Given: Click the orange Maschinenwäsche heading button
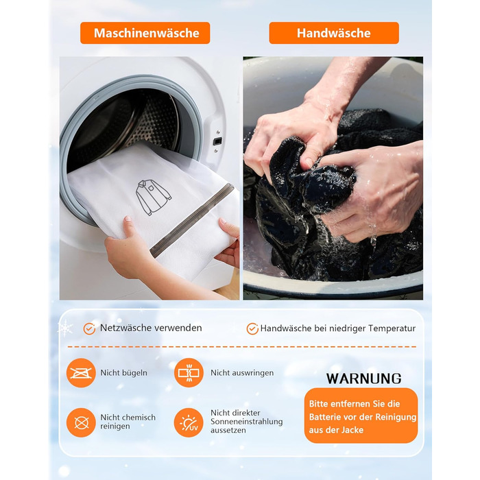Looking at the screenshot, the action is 145,33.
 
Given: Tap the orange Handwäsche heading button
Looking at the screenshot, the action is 334,33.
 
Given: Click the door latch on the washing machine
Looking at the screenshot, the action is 217,141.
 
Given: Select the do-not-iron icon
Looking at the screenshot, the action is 81,373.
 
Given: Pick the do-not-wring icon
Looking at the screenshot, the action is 189,373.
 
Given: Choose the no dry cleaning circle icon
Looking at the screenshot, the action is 81,423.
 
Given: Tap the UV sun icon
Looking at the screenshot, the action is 189,423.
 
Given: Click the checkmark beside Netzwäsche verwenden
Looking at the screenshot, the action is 89,328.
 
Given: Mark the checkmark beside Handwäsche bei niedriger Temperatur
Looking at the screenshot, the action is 252,328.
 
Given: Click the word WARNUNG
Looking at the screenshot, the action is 363,379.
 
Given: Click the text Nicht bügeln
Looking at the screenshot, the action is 123,373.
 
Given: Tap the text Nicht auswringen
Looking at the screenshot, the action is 242,373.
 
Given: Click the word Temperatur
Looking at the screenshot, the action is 392,328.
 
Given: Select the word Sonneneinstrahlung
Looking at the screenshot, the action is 247,422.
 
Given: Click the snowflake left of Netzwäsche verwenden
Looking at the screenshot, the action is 65,328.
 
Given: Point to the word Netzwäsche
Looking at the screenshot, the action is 125,328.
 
